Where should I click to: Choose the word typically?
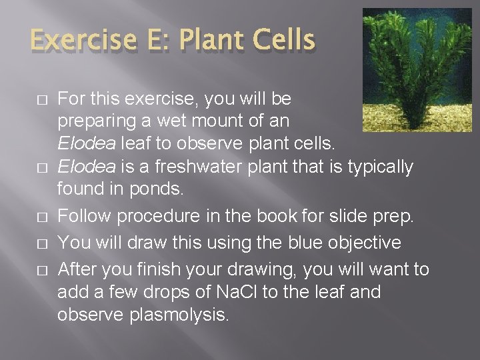point(378,167)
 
